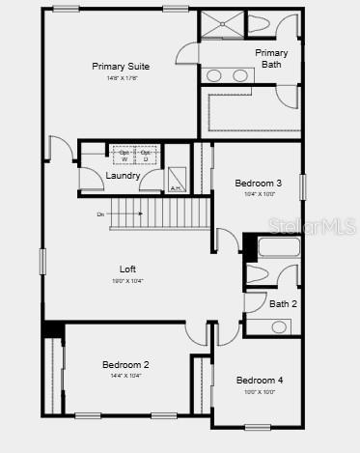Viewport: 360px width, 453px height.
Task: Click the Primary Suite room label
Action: click(121, 66)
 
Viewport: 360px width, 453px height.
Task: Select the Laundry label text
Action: click(123, 176)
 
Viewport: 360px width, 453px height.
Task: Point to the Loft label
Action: click(127, 269)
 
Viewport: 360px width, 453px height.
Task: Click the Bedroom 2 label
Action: click(125, 364)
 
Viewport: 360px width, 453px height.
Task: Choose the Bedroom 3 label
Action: click(259, 183)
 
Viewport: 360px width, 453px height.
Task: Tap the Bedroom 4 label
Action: click(260, 380)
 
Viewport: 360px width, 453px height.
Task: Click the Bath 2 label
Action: click(283, 304)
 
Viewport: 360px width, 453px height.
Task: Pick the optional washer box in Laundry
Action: click(124, 155)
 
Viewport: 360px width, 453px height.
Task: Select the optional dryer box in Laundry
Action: click(146, 155)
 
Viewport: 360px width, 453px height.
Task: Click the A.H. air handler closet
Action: click(177, 180)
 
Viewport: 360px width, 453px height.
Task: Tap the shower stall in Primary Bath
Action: click(221, 24)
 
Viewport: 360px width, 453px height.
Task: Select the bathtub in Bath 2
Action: click(279, 246)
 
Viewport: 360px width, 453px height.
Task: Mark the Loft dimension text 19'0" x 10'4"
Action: click(127, 281)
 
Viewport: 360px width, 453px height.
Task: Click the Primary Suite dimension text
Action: click(121, 77)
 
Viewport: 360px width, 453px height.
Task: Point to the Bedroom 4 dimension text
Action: click(260, 392)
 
